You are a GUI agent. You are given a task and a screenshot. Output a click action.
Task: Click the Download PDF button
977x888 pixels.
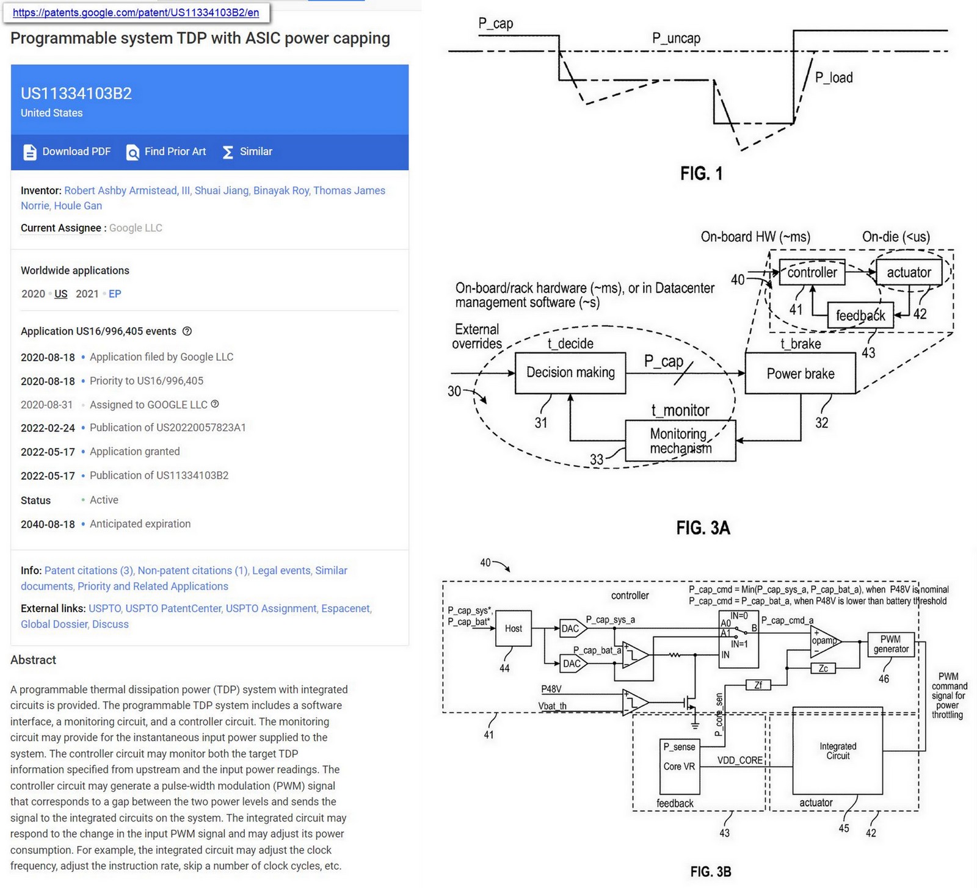pyautogui.click(x=67, y=151)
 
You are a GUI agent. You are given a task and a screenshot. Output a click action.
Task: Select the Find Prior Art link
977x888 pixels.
pyautogui.click(x=166, y=151)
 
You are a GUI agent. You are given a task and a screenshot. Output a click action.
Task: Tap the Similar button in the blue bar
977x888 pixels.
pyautogui.click(x=247, y=151)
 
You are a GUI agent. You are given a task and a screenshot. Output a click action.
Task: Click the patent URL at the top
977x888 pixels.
pyautogui.click(x=136, y=12)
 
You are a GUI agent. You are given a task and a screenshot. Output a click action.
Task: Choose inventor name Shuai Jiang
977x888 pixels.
pyautogui.click(x=222, y=190)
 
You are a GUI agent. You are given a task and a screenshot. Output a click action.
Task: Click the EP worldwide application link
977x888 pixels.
pyautogui.click(x=115, y=294)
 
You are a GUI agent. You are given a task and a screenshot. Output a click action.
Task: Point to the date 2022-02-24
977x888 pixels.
pyautogui.click(x=48, y=428)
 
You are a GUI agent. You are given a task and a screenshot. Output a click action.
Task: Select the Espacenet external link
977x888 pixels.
pyautogui.click(x=345, y=608)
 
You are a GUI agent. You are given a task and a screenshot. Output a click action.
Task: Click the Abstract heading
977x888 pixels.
pyautogui.click(x=33, y=660)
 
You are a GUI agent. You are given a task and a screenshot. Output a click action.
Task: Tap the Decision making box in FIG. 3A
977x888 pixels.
pyautogui.click(x=570, y=372)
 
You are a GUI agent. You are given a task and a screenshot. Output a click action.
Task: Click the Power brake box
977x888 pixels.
pyautogui.click(x=800, y=374)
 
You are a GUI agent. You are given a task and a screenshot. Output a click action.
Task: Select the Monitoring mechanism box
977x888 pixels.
pyautogui.click(x=680, y=441)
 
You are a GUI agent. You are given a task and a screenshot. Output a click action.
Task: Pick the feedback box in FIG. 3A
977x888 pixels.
pyautogui.click(x=860, y=316)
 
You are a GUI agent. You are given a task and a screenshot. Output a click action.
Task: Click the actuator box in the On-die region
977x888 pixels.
pyautogui.click(x=909, y=273)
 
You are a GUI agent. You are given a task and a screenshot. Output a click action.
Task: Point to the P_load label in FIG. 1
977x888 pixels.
pyautogui.click(x=834, y=78)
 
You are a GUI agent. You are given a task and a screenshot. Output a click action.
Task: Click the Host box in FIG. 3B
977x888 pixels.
pyautogui.click(x=513, y=629)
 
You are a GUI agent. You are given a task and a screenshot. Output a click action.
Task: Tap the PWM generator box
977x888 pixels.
pyautogui.click(x=891, y=644)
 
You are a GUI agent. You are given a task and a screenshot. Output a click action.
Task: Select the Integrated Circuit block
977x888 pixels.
pyautogui.click(x=837, y=751)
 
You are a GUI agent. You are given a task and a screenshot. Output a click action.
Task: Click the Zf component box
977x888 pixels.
pyautogui.click(x=758, y=685)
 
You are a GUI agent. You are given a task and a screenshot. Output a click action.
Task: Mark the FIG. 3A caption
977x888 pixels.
pyautogui.click(x=703, y=527)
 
